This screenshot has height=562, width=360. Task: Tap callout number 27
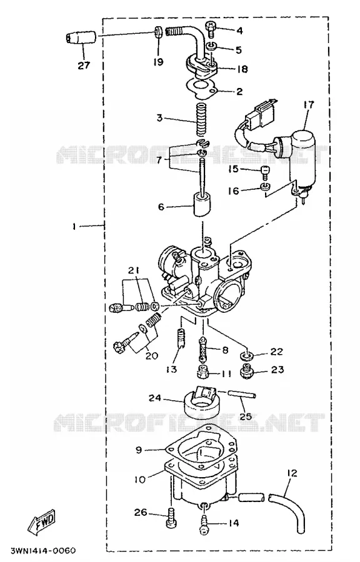tap(84, 66)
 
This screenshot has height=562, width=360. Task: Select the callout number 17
tap(308, 105)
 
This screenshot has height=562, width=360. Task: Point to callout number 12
tap(292, 473)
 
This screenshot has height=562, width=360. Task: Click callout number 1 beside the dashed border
tap(74, 227)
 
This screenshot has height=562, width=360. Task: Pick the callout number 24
tap(155, 398)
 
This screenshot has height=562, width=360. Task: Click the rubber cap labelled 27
tap(81, 37)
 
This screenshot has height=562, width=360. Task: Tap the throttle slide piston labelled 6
tap(202, 205)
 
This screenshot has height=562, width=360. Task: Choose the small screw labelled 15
tap(264, 173)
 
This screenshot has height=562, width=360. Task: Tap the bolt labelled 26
tap(171, 518)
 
